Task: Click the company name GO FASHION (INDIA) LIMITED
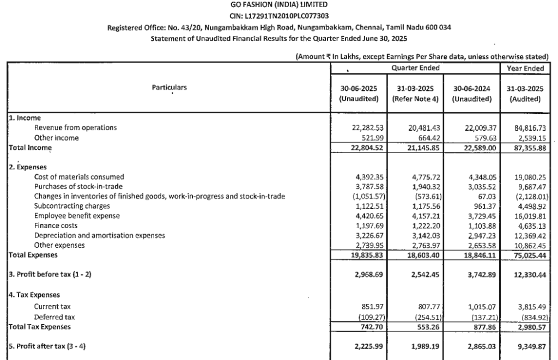pos(280,5)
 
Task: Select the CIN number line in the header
pos(280,16)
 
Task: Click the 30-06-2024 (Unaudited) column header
pos(471,93)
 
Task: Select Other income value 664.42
pos(420,138)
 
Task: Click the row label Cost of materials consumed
pos(79,177)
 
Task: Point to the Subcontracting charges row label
pos(72,206)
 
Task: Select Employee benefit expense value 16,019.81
pos(530,216)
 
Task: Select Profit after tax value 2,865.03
pos(476,346)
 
